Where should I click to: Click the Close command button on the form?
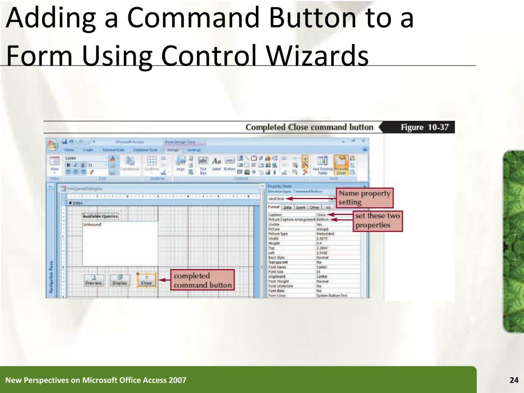click(x=146, y=280)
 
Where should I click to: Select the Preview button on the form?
click(x=94, y=280)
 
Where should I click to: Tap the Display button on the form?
click(x=120, y=280)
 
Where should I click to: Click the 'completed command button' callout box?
click(x=203, y=280)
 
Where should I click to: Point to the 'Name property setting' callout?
click(x=365, y=198)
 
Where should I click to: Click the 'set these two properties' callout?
click(x=378, y=221)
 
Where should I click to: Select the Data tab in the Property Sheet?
click(x=288, y=208)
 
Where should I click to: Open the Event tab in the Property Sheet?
click(x=301, y=208)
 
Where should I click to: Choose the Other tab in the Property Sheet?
click(x=314, y=208)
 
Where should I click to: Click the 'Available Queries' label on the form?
click(x=100, y=216)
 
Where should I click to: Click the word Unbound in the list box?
click(x=92, y=224)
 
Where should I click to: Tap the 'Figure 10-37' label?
click(x=425, y=127)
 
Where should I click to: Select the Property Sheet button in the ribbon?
click(x=341, y=164)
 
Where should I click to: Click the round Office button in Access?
click(x=53, y=144)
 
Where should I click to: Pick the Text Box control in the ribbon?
click(x=203, y=164)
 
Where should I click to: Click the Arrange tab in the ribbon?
click(x=194, y=150)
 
